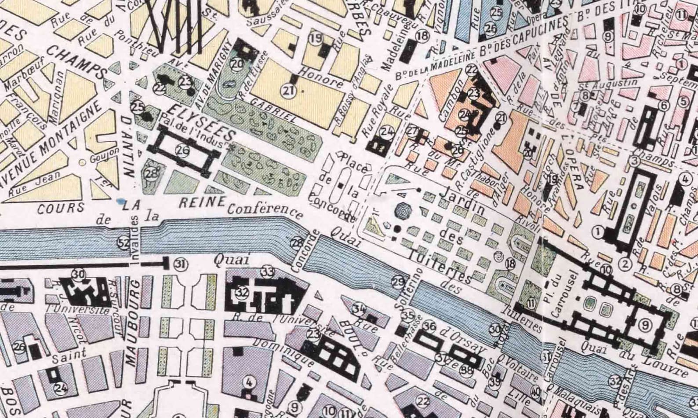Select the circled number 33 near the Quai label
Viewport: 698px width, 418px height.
click(x=267, y=271)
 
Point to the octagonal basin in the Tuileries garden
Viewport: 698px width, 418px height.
click(x=402, y=212)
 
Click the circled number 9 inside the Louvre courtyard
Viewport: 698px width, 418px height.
click(x=644, y=326)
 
